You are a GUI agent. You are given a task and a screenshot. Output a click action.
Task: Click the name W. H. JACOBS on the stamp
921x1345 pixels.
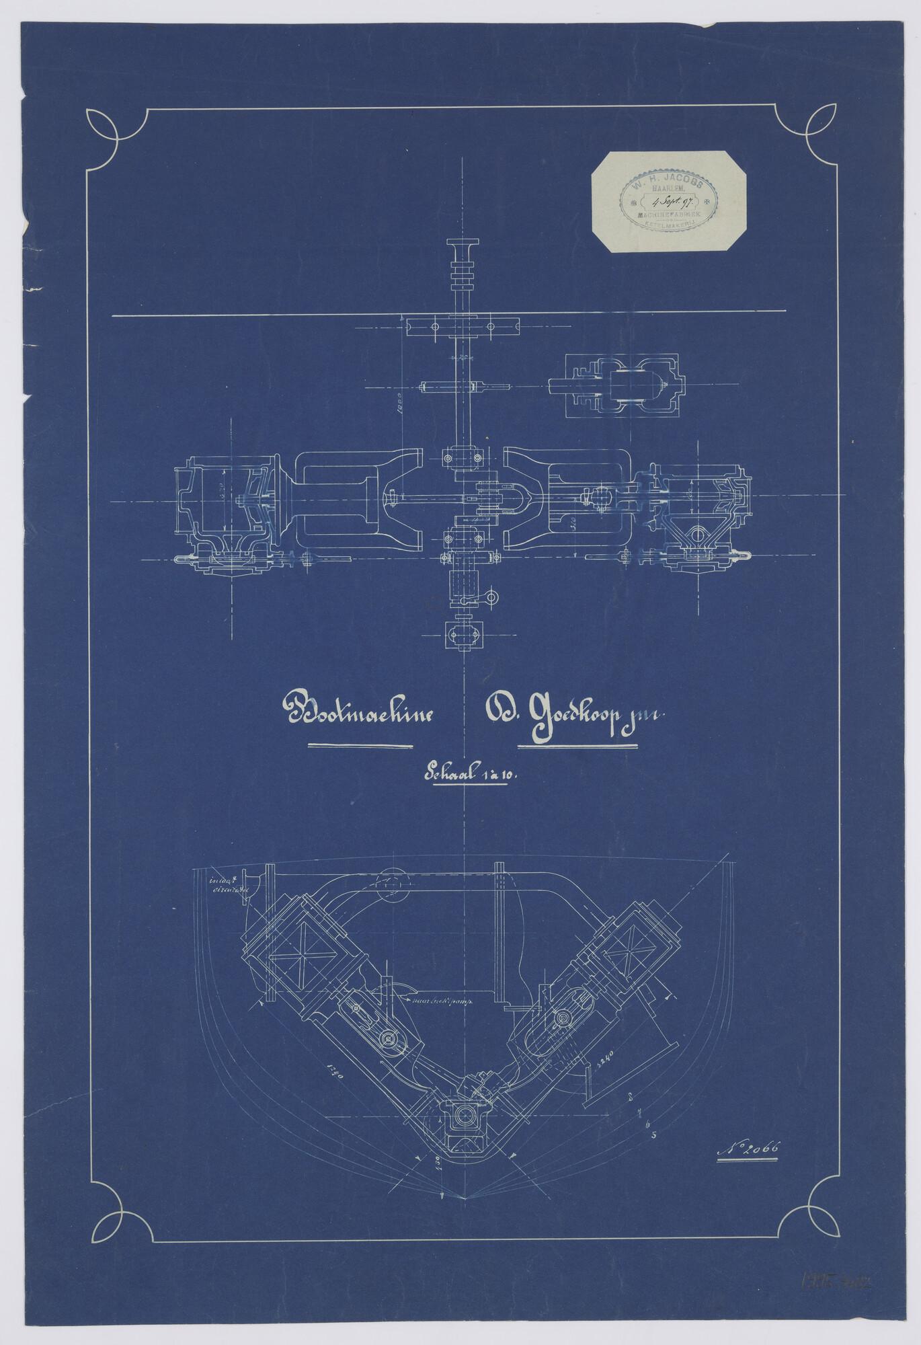click(x=665, y=182)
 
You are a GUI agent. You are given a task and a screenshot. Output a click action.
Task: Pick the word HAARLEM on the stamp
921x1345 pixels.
click(x=665, y=191)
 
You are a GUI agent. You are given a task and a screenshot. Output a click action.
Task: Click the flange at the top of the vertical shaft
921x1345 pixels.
click(x=462, y=243)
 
